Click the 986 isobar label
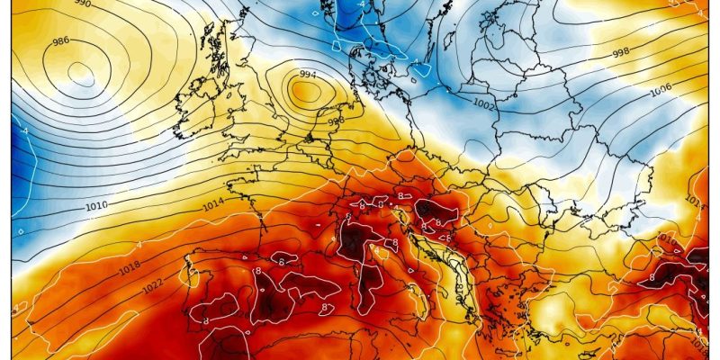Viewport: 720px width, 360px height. coord(62,41)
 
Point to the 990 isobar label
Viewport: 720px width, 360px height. coord(83,4)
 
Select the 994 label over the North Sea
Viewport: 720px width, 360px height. coord(307,74)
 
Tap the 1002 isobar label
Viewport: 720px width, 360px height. coord(484,105)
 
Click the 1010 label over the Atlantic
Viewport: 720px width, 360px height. coord(98,207)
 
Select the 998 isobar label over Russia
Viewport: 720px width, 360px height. coord(620,53)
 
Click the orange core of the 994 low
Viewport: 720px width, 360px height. coord(306,89)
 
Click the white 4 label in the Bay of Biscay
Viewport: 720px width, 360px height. coord(139,245)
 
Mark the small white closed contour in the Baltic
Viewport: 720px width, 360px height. coord(419,66)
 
